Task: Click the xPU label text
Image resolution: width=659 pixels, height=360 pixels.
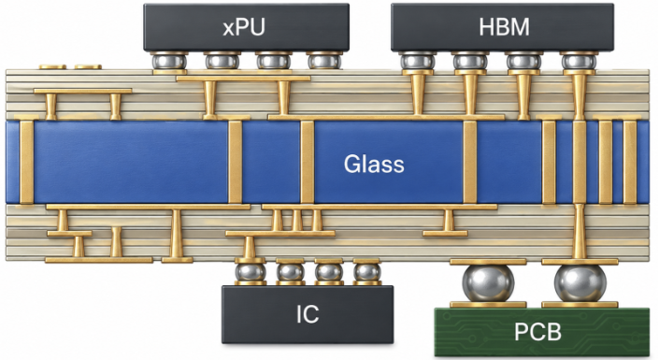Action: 244,27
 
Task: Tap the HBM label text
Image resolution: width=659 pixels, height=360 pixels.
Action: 504,27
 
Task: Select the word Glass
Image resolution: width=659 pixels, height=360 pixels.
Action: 374,164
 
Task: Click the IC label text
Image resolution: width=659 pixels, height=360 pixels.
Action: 308,314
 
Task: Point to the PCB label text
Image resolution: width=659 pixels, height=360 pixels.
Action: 538,332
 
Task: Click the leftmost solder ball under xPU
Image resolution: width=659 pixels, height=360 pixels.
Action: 169,62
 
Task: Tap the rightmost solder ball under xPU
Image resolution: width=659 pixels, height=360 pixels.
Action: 323,62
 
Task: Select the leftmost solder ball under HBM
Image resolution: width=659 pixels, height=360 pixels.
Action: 417,62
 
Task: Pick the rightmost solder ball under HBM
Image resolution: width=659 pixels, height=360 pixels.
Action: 579,62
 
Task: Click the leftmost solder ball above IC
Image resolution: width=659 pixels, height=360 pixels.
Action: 251,272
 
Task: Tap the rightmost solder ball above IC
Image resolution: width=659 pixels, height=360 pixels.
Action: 367,272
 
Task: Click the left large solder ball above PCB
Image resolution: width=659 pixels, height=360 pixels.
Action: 488,283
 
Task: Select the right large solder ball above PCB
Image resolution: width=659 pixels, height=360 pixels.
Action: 580,283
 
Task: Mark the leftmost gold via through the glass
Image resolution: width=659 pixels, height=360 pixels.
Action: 26,162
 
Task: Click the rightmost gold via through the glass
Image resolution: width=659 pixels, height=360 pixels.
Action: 630,162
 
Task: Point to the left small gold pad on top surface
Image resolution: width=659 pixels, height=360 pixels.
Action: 52,66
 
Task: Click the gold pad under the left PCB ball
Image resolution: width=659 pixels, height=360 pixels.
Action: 488,305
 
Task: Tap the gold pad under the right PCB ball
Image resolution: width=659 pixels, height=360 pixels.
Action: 580,305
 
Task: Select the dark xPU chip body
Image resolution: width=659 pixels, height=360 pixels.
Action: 246,27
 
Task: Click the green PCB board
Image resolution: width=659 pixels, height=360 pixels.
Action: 542,332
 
